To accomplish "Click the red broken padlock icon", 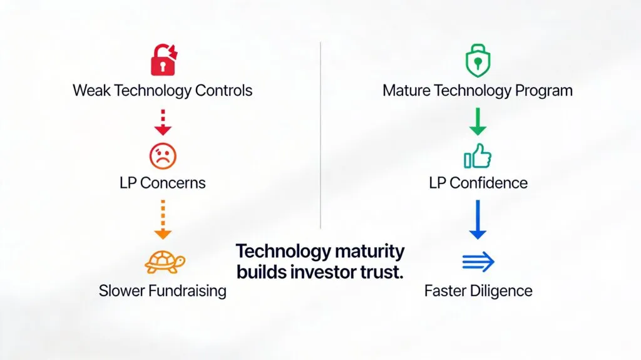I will (x=163, y=60).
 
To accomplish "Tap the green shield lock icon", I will (x=478, y=62).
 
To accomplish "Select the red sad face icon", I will (x=163, y=155).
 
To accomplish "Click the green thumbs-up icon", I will (x=478, y=156).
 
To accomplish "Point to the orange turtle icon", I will (x=164, y=261).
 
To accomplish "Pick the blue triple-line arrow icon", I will (x=478, y=262).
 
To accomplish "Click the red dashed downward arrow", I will (x=163, y=122).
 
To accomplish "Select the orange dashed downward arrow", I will (x=163, y=219).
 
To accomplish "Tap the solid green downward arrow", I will (x=478, y=121).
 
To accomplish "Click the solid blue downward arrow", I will (x=478, y=219).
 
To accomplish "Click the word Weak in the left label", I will (x=91, y=90).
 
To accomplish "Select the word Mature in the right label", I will (x=406, y=91).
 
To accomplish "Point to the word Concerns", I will (x=173, y=183).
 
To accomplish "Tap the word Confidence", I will (x=488, y=183).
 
